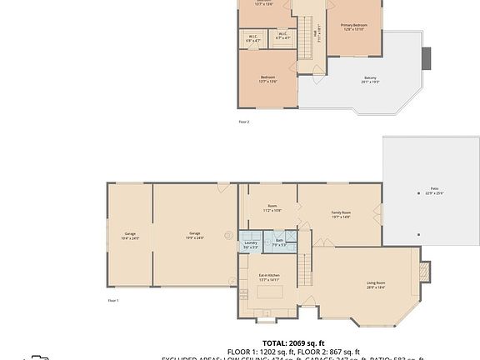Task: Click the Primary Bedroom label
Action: pyautogui.click(x=353, y=27)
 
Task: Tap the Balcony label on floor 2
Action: pyautogui.click(x=370, y=79)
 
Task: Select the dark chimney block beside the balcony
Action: pyautogui.click(x=427, y=58)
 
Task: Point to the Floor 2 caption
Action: pyautogui.click(x=244, y=122)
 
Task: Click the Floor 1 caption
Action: pyautogui.click(x=113, y=300)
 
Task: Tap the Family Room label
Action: pyautogui.click(x=341, y=215)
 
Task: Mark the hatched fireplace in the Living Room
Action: pyautogui.click(x=425, y=272)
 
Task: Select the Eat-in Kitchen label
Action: pyautogui.click(x=268, y=277)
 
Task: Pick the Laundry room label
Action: pyautogui.click(x=251, y=244)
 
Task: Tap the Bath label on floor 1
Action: pyautogui.click(x=280, y=242)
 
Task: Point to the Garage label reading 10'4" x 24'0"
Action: pyautogui.click(x=130, y=236)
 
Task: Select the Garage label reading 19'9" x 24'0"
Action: pyautogui.click(x=194, y=235)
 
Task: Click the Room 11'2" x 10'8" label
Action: pyautogui.click(x=272, y=207)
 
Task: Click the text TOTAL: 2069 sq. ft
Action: pyautogui.click(x=293, y=343)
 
